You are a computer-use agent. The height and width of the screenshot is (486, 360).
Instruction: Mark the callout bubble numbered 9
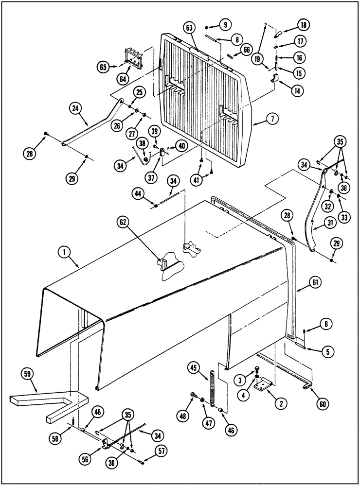226,24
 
